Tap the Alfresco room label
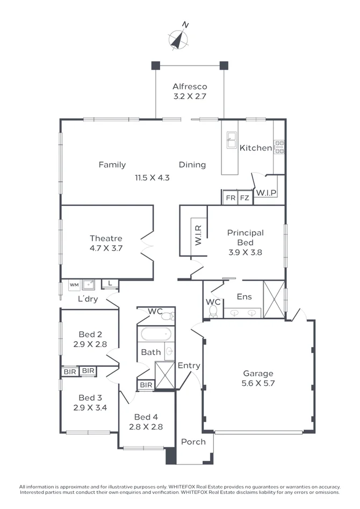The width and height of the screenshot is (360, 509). click(x=190, y=87)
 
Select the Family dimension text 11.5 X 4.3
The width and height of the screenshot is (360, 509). click(x=152, y=177)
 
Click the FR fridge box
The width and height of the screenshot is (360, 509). click(x=231, y=198)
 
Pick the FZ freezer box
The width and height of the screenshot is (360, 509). click(x=244, y=198)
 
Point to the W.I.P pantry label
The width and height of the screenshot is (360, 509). click(x=266, y=192)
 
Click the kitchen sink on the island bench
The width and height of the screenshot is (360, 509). click(x=232, y=140)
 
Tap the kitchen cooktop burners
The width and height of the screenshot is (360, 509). click(x=279, y=147)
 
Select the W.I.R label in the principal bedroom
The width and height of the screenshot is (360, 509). click(x=198, y=235)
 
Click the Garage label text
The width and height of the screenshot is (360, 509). click(x=258, y=374)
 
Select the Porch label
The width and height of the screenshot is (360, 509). click(x=193, y=442)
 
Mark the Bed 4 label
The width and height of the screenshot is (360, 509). click(x=146, y=417)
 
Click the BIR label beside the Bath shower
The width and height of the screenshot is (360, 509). click(x=146, y=385)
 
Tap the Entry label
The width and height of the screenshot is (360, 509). click(x=189, y=365)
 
